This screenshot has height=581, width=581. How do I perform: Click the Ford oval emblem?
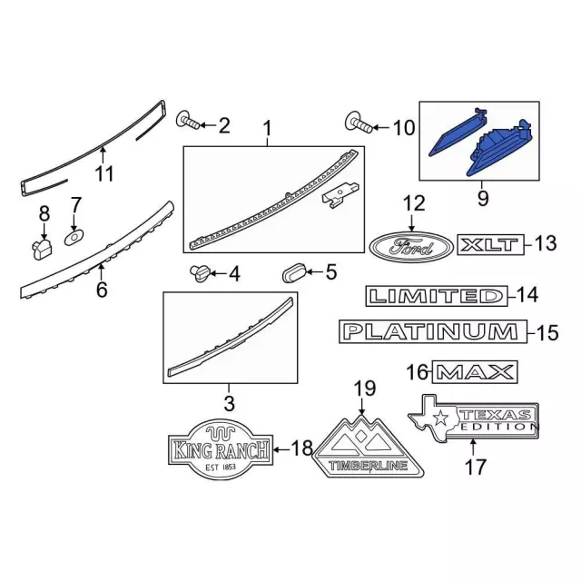pos(411,247)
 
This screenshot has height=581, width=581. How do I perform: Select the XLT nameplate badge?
pos(491,244)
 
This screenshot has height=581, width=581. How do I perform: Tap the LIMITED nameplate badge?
pos(437,296)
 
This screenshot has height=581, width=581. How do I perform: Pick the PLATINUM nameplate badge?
pos(433,331)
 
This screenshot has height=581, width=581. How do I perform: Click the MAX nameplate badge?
pos(475,371)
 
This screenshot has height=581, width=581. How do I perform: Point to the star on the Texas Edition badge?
pos(441,418)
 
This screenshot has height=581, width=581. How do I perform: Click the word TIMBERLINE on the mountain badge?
pos(369,466)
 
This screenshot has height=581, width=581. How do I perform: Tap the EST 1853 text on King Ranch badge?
pos(221,467)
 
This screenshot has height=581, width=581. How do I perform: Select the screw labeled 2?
pos(188,119)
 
